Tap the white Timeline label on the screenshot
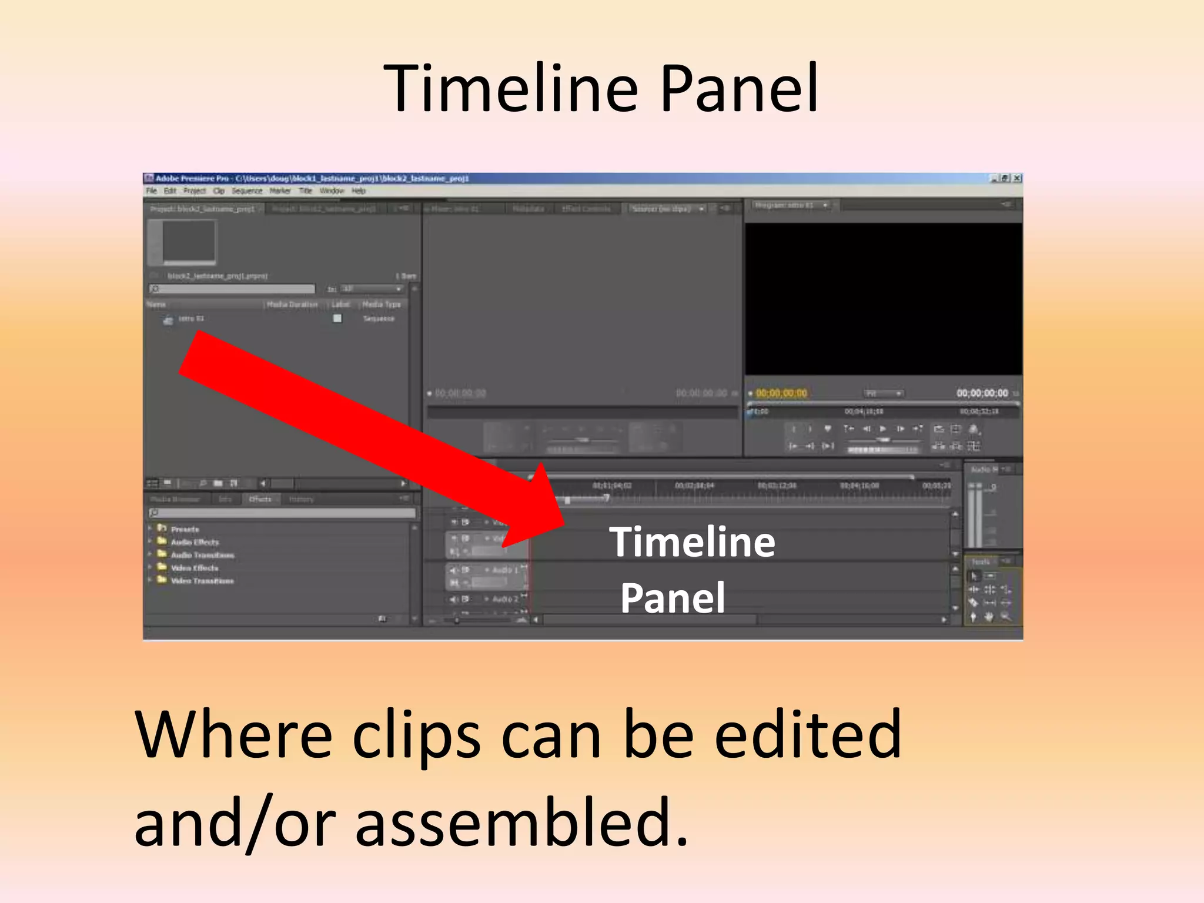tap(692, 541)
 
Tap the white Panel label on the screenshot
tap(673, 598)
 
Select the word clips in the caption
tap(416, 735)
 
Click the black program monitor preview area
tap(883, 299)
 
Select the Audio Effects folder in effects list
tap(194, 542)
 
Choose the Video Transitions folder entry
tap(202, 581)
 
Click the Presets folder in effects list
tap(185, 529)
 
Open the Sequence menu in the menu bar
tap(246, 191)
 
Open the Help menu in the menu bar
tap(358, 191)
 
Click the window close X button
tap(1017, 178)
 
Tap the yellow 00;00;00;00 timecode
tap(781, 393)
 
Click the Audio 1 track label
tap(505, 570)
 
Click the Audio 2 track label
tap(505, 599)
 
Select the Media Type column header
tap(381, 304)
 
